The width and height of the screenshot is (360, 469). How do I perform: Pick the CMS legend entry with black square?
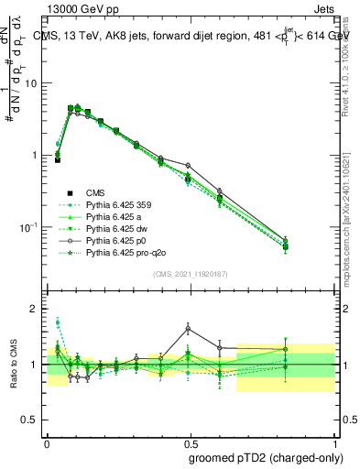(x=95, y=192)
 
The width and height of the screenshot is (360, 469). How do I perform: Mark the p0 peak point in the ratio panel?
(x=188, y=327)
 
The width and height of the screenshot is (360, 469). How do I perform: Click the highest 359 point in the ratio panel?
(x=58, y=322)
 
